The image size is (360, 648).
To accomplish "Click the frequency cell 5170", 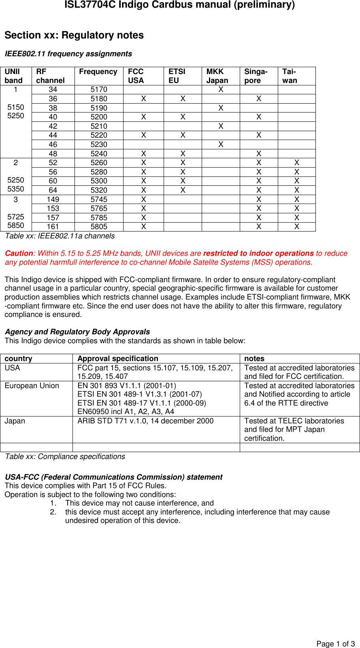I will (x=99, y=89).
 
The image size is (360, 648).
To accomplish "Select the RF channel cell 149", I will (x=53, y=200).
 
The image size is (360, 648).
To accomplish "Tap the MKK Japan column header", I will (x=217, y=76).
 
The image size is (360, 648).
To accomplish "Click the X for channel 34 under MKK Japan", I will (x=221, y=89).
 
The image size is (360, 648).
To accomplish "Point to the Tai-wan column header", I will (x=290, y=76).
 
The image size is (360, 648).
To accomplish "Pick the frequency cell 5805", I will (x=99, y=227).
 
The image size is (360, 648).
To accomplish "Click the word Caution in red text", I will (x=19, y=253).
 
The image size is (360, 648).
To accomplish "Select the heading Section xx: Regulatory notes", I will (x=74, y=35).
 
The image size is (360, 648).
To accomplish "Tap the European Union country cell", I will (x=32, y=386).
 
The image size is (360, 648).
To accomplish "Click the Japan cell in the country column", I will (x=15, y=421).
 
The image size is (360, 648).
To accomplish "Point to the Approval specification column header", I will (x=118, y=359).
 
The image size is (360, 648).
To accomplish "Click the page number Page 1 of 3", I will (x=335, y=644).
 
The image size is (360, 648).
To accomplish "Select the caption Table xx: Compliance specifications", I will (x=65, y=457).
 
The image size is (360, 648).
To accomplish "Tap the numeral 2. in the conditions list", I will (x=53, y=512).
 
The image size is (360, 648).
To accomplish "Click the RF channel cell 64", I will (x=53, y=190).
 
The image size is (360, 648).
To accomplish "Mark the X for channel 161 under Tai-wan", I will (x=297, y=227).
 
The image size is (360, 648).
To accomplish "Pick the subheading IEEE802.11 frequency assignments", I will (x=68, y=54).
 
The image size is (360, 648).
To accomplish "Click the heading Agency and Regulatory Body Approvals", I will (x=77, y=332).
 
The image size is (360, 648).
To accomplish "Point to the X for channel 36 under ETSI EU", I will (x=183, y=99).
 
